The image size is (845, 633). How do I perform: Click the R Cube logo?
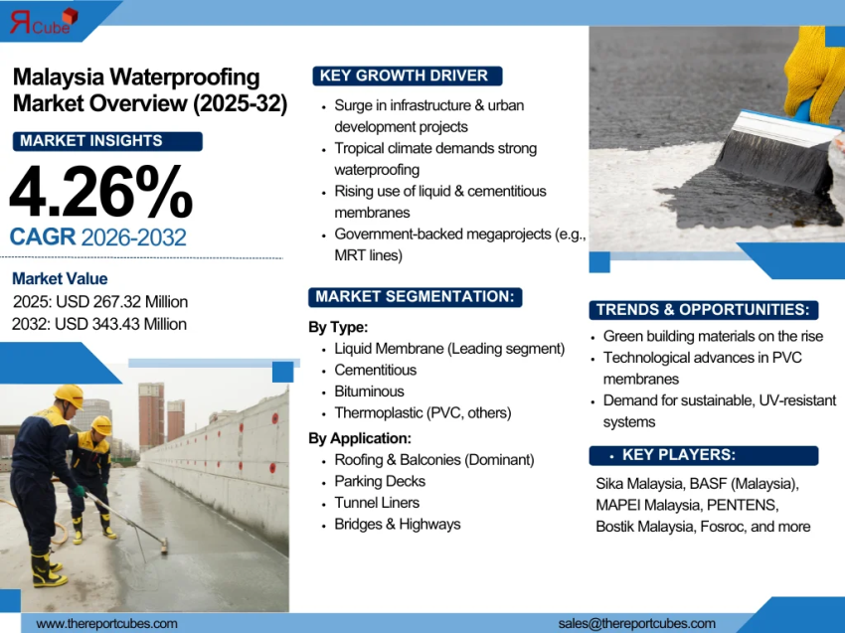point(43,21)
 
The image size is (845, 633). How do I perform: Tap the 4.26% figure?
point(100,191)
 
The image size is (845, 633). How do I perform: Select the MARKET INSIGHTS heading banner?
point(107,141)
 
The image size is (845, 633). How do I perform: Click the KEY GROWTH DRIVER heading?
point(406,76)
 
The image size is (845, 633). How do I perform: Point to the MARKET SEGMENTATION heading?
point(415,296)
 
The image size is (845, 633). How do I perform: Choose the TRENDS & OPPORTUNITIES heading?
point(704,309)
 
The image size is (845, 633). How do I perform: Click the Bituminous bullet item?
point(369,392)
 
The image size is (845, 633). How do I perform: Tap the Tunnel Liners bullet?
point(377,503)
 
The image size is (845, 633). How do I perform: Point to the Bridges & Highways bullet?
point(398,524)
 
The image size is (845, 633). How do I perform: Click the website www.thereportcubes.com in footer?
point(107,623)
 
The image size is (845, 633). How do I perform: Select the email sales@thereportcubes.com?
point(637,623)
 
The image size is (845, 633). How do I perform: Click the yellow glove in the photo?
point(817,70)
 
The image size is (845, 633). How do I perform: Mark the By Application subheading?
point(360,438)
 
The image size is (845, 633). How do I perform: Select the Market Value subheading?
point(60,279)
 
